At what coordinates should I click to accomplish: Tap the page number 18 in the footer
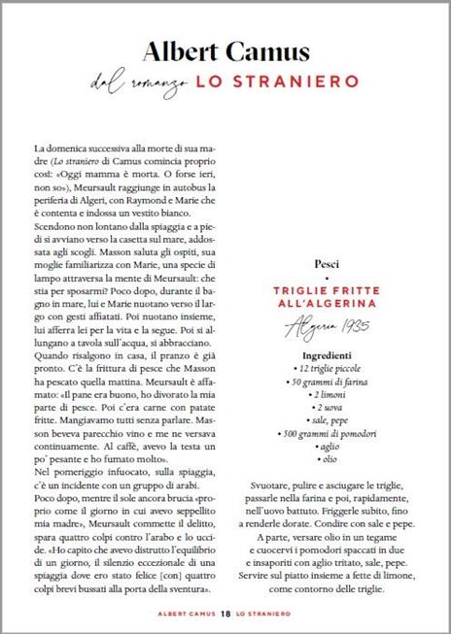[x=225, y=613]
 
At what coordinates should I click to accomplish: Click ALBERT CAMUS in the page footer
[x=186, y=613]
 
